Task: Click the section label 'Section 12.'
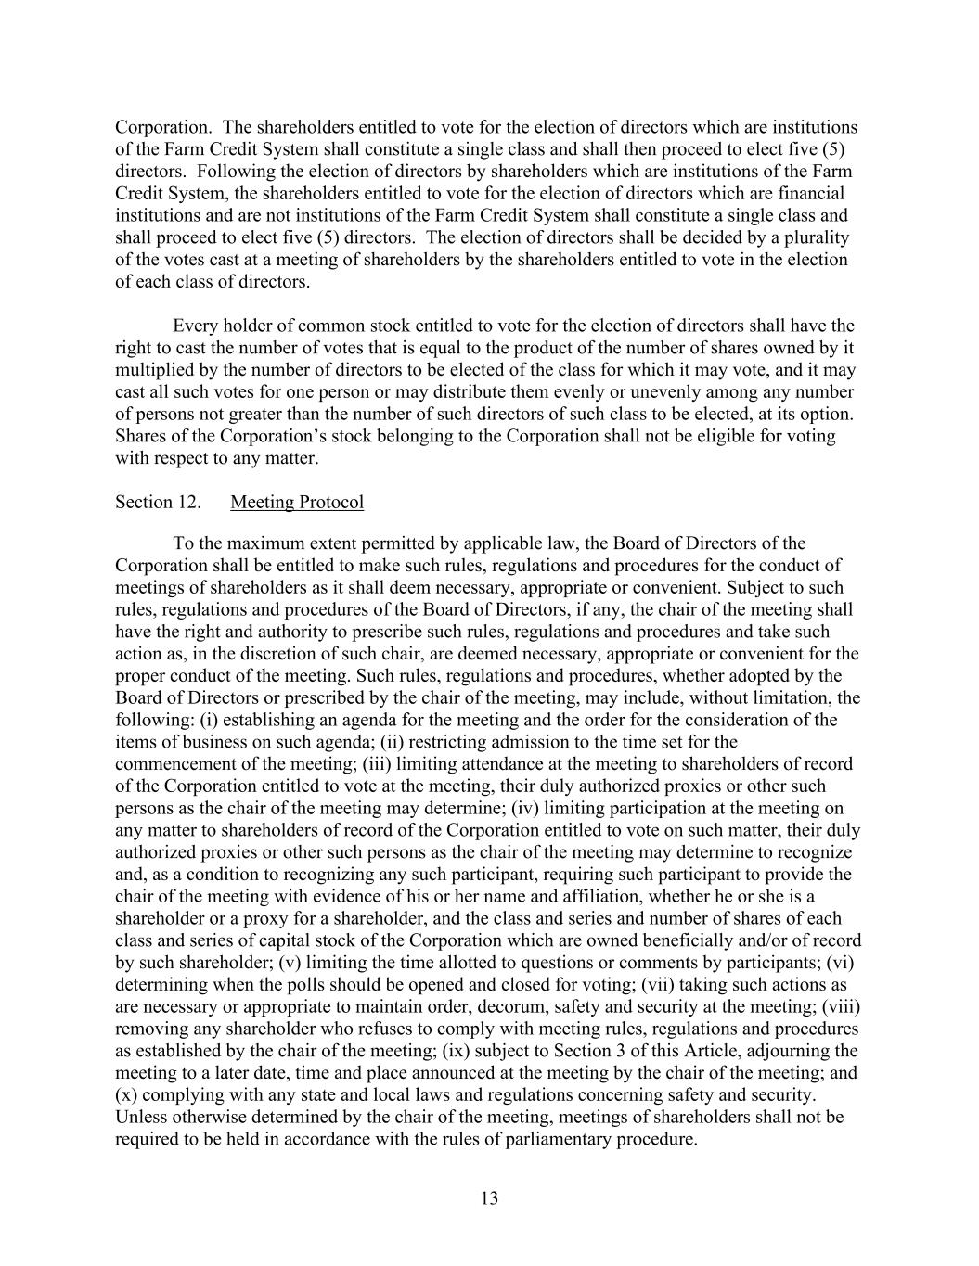(158, 503)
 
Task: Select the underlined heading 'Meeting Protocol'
(297, 503)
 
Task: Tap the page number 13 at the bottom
(490, 1198)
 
